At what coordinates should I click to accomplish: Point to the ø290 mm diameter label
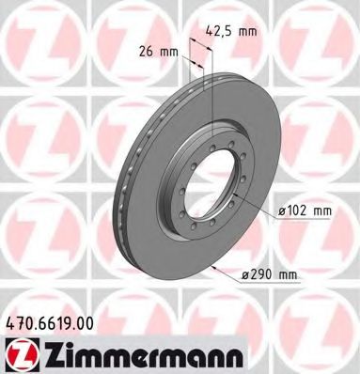tap(271, 273)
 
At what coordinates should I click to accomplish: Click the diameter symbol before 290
tap(246, 273)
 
